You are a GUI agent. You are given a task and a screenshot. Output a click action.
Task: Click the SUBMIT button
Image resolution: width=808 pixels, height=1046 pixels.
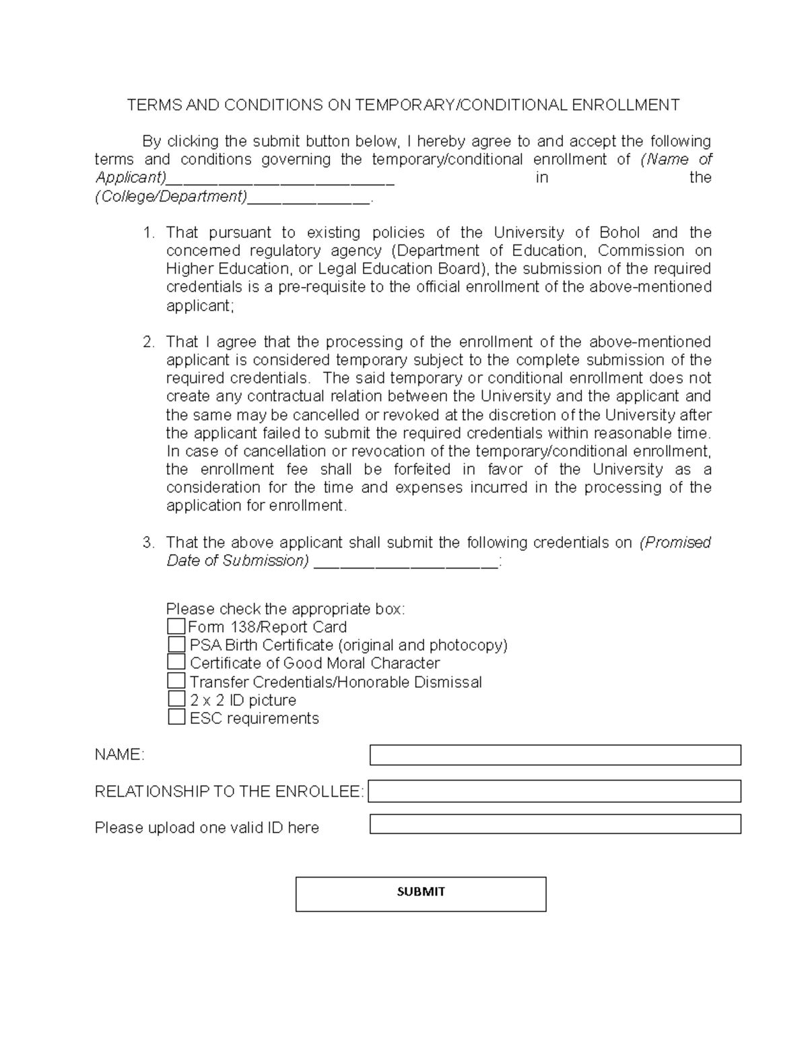421,894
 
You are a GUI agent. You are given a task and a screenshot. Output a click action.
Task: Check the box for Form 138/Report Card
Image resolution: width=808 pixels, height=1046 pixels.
176,626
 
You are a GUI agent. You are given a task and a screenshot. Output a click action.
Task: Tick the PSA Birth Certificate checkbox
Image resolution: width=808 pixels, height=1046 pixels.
176,645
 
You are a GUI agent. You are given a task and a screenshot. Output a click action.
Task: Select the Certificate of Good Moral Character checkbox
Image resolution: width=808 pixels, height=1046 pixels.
176,663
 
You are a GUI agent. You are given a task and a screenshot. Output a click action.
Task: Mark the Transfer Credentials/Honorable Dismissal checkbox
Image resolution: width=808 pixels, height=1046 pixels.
176,681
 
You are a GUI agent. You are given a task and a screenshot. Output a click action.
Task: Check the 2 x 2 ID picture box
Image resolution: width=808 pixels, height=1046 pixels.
176,699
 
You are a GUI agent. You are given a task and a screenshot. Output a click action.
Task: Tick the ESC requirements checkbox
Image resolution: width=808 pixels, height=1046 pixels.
176,717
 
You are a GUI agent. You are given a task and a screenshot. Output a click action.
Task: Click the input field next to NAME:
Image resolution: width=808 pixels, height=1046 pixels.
555,755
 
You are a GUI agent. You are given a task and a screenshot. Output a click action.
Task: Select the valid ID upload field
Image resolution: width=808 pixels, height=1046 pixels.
555,824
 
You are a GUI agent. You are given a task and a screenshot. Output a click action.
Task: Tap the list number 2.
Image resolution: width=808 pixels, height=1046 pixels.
148,342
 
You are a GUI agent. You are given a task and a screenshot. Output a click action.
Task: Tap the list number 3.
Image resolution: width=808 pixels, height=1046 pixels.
148,543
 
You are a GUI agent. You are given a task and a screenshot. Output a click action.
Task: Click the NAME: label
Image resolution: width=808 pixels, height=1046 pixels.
119,755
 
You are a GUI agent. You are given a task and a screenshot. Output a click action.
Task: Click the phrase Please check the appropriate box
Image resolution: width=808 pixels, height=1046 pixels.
285,609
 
